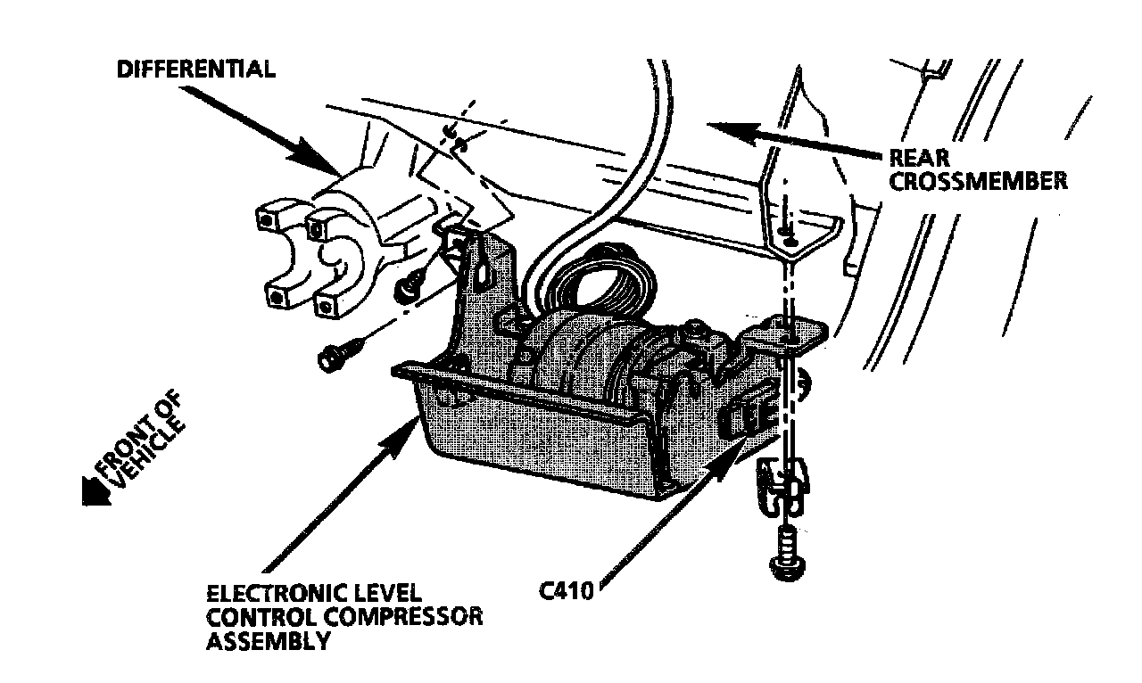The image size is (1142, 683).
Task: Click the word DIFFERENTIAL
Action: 196,70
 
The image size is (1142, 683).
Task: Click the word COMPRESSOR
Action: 418,617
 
